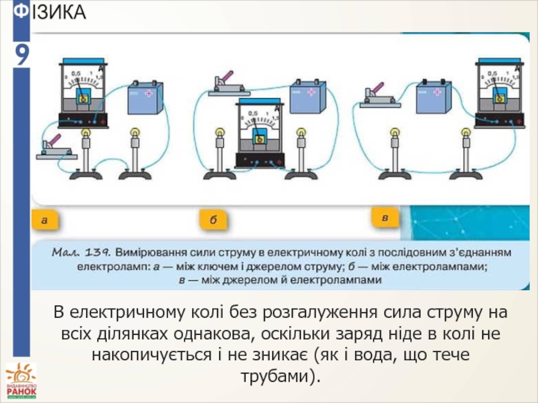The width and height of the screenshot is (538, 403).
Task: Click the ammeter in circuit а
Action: [x=83, y=93]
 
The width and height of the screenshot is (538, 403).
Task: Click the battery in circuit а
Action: [x=146, y=99]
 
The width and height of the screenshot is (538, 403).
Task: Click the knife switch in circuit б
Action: [x=227, y=85]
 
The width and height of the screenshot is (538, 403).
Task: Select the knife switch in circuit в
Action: [x=381, y=95]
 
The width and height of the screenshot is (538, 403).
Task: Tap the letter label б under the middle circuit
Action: [x=213, y=220]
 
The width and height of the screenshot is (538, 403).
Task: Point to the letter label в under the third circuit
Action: [x=385, y=218]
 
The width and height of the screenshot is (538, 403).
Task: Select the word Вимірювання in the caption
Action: [x=149, y=253]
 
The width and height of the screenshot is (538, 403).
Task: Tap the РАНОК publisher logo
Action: [x=20, y=382]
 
